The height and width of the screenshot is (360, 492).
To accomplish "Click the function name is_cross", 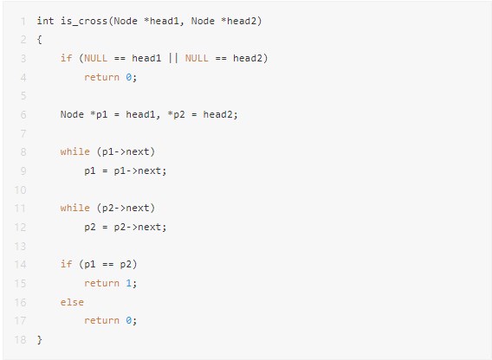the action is (84, 21).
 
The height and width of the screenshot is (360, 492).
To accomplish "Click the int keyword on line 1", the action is (45, 21).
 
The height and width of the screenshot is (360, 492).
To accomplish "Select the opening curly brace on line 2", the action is (39, 40).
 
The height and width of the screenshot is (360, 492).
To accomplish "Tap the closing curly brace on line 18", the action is (39, 339).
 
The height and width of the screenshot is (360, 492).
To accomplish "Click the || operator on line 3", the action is (173, 58).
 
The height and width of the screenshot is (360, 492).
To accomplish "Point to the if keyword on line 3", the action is (66, 58).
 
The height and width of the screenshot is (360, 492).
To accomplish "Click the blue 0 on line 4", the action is (129, 77).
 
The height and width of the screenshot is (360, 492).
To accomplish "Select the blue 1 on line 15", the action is (129, 283).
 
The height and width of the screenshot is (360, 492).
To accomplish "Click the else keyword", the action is (72, 302).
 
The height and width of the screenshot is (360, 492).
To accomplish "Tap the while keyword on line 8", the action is (75, 151).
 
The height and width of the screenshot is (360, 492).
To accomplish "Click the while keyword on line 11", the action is (75, 208).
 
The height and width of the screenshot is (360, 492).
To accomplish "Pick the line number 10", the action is (21, 190).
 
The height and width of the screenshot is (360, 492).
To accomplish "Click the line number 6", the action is (23, 115).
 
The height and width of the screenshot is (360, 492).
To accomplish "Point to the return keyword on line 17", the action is (101, 320).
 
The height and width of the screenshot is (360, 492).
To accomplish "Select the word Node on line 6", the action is (72, 114).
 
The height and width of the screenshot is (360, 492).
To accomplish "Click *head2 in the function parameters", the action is (241, 21).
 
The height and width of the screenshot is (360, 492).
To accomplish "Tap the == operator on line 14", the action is (107, 264).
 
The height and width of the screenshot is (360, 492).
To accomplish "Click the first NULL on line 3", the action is (95, 58).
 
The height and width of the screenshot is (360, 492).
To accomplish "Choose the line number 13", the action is (21, 246).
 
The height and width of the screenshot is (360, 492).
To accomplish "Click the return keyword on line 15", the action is (101, 283).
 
